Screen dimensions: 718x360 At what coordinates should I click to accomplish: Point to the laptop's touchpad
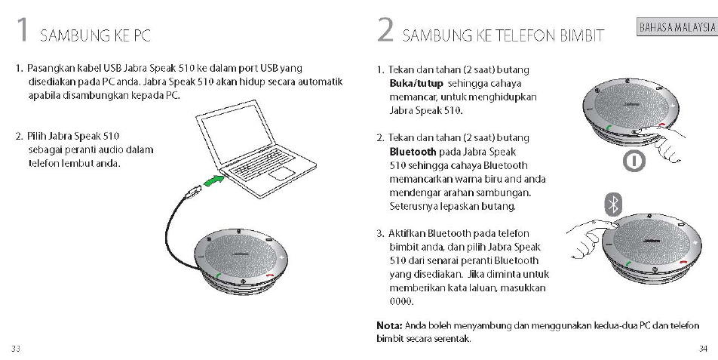[281, 174]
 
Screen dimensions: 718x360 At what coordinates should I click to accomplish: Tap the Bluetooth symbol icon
[614, 203]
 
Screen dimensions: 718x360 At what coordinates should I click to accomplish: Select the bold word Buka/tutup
[417, 83]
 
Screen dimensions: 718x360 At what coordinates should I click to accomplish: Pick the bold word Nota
[389, 325]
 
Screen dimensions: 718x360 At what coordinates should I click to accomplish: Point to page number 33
[16, 348]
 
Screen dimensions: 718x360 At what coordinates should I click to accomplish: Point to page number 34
[702, 348]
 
